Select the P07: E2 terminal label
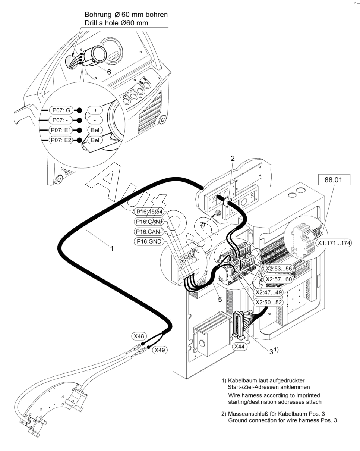tap(61, 140)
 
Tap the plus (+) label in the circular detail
tap(95, 110)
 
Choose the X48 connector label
tap(139, 336)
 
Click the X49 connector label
tap(160, 350)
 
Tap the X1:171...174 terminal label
tap(334, 243)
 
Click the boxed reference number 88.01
tap(335, 180)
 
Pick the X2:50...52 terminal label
tap(268, 302)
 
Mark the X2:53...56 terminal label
tap(278, 269)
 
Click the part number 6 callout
tap(109, 72)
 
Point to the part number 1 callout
tap(111, 248)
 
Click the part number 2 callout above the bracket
tap(233, 159)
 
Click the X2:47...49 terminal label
tap(268, 292)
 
